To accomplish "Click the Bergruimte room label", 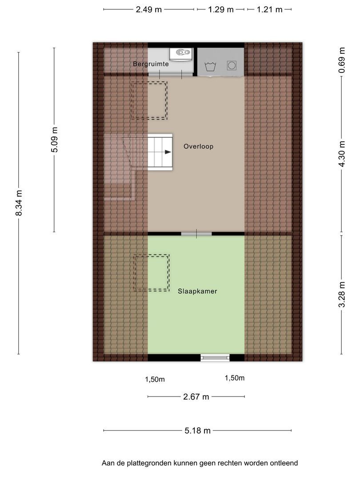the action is (151, 64).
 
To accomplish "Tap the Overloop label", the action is (198, 146).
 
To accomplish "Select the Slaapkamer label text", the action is (197, 291).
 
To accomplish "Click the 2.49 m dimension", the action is (149, 9).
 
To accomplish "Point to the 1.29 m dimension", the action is (221, 9).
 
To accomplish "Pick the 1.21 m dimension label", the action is (269, 9).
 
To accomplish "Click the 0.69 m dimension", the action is (342, 60).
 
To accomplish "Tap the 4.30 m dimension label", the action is (342, 154).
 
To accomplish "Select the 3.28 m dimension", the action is (342, 295).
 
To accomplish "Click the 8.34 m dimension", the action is (19, 203).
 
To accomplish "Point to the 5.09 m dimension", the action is (54, 140).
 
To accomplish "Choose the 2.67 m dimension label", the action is (196, 397).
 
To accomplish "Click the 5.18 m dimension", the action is (197, 431).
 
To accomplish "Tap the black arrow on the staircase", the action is (168, 152).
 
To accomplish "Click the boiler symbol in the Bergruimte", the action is (181, 54).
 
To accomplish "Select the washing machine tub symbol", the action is (210, 66).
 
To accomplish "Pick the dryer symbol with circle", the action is (232, 65).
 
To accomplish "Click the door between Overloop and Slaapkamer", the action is (196, 234).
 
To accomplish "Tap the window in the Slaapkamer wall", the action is (215, 357).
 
